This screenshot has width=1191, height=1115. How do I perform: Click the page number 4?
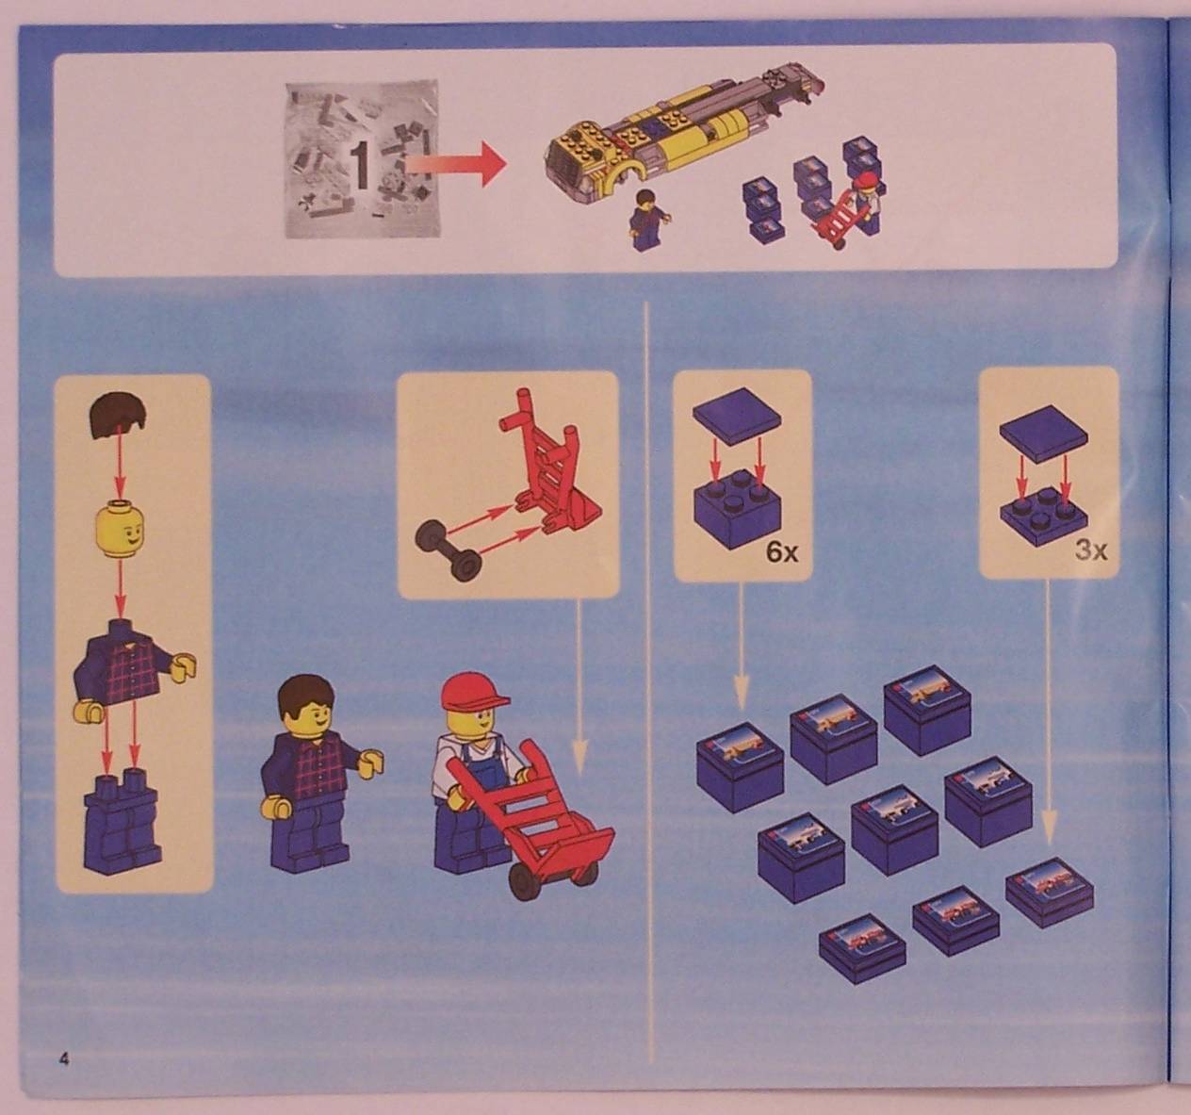click(x=63, y=1058)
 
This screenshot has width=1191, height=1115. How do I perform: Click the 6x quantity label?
click(x=781, y=551)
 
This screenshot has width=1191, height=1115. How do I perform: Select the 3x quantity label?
click(x=1090, y=549)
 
